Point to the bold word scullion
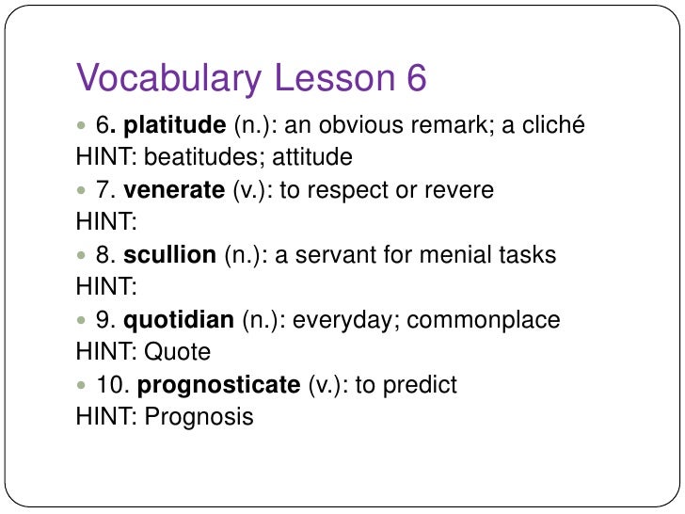tap(170, 254)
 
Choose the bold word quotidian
tap(179, 319)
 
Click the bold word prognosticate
tap(219, 384)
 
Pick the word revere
tap(460, 190)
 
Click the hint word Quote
tap(178, 352)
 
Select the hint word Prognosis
tap(199, 417)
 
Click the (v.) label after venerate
tap(246, 190)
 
